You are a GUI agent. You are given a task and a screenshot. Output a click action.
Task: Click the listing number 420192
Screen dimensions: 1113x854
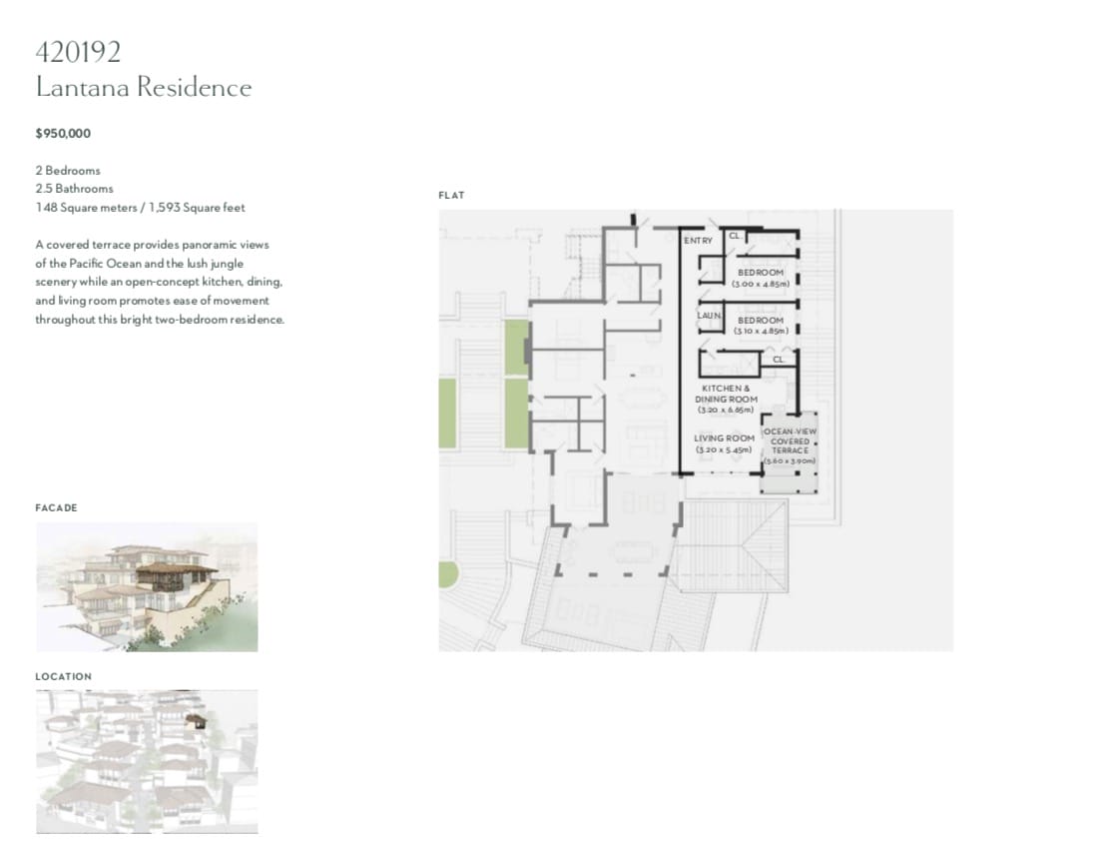tap(78, 52)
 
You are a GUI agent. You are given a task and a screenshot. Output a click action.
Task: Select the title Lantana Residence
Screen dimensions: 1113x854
tap(144, 87)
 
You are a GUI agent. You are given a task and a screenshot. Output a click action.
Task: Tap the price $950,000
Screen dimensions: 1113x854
tap(63, 133)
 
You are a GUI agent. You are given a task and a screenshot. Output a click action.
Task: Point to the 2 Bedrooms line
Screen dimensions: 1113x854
tap(68, 171)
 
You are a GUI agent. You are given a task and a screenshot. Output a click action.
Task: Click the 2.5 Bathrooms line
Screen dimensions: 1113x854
tap(75, 188)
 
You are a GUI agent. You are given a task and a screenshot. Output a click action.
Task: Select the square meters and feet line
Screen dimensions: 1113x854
tap(140, 208)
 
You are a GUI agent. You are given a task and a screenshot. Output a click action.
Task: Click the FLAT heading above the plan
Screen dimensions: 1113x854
tap(451, 196)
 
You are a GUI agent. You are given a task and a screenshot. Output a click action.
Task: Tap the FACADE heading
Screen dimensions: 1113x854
tap(56, 508)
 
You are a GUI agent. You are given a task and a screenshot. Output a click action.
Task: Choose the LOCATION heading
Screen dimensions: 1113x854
tap(63, 676)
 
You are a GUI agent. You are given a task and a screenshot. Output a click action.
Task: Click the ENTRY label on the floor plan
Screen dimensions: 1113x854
tap(698, 241)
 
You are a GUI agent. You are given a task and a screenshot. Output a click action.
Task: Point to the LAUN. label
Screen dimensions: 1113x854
tap(709, 316)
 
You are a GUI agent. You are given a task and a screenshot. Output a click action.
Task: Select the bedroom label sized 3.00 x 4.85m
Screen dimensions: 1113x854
tap(761, 278)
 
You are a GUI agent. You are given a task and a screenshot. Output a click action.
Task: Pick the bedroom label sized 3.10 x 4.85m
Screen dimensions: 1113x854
tap(761, 326)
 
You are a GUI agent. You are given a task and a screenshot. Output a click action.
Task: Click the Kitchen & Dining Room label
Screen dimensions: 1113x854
tap(726, 400)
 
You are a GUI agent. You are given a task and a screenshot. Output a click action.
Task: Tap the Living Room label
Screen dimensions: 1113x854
tap(724, 444)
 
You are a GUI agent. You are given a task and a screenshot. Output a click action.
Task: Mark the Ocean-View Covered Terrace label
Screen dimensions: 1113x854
tap(790, 446)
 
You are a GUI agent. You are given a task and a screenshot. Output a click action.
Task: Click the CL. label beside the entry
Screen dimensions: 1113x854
tap(735, 236)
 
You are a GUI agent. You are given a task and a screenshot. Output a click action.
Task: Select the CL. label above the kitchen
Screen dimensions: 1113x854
tap(779, 360)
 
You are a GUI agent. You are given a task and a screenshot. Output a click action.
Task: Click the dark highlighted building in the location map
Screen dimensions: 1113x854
tap(197, 722)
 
